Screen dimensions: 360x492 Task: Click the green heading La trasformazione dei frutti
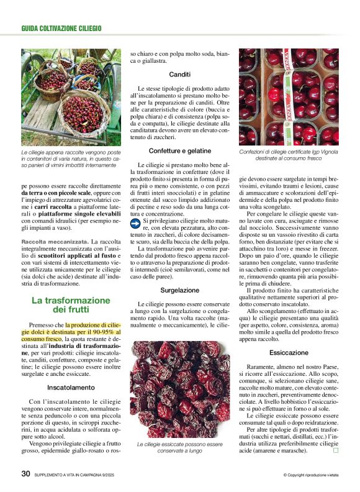(x=71, y=304)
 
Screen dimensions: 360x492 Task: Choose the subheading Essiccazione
(x=289, y=352)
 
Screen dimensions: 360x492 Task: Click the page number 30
(x=25, y=473)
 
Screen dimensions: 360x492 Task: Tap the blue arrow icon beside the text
(x=136, y=221)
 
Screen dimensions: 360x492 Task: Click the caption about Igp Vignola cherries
(x=289, y=155)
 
